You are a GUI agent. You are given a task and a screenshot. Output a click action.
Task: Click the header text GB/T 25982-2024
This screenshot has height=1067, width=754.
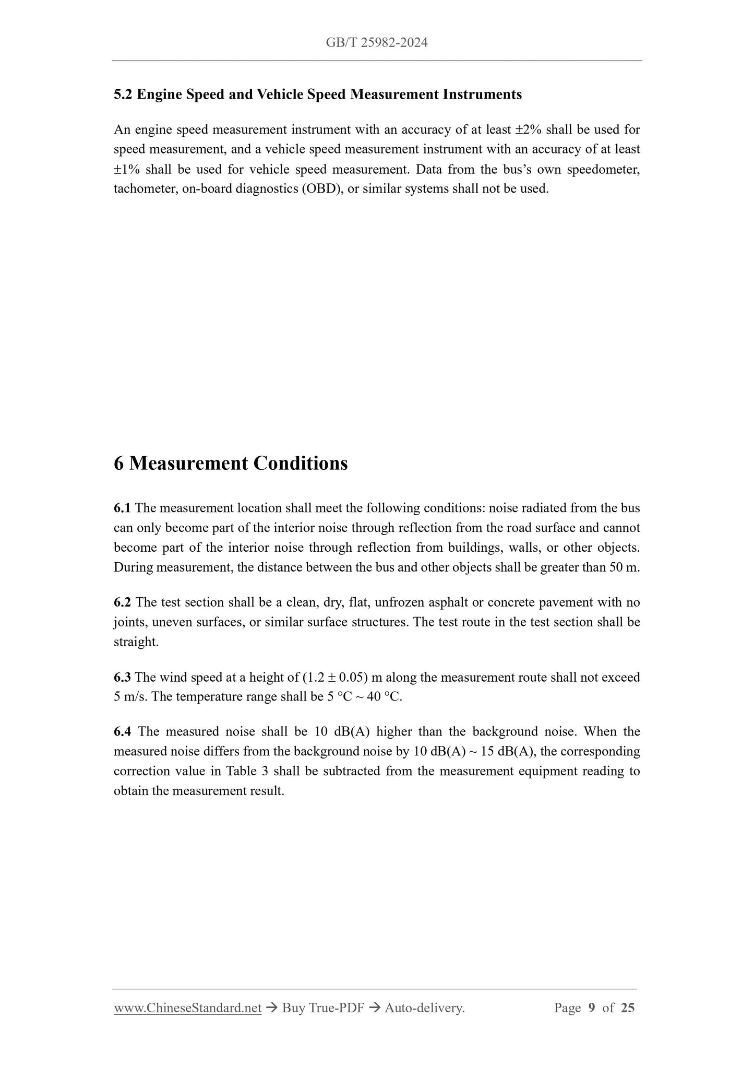377,43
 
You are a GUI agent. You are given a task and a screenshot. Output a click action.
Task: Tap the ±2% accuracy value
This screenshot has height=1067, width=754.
528,129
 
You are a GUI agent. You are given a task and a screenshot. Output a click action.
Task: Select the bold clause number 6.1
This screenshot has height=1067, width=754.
122,508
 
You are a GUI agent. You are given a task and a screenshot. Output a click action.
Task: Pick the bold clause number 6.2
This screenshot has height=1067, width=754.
122,602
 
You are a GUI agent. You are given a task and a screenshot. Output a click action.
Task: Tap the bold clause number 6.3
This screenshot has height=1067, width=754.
122,678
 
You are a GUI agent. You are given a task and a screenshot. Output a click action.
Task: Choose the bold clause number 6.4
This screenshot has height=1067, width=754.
122,732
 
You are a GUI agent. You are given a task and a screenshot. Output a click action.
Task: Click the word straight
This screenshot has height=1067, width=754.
136,642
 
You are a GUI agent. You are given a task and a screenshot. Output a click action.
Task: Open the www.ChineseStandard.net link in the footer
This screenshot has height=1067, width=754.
187,1009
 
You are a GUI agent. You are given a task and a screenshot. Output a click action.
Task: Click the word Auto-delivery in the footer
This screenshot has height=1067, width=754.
424,1009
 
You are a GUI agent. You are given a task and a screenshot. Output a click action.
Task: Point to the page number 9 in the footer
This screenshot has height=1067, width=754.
591,1009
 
